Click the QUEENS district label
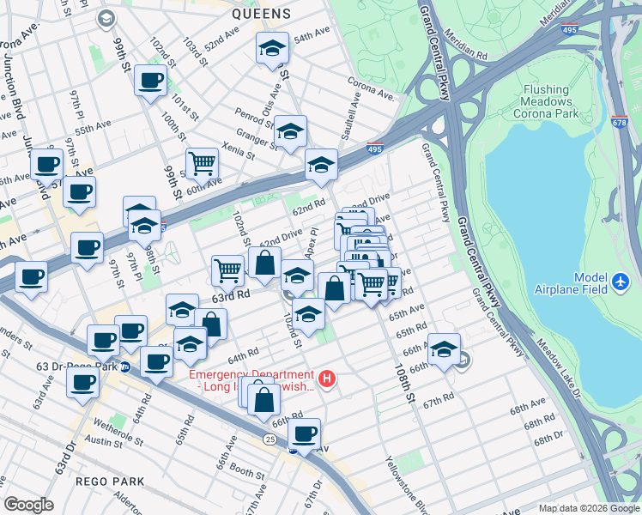coord(262,14)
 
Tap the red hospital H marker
coord(326,378)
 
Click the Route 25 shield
coord(270,439)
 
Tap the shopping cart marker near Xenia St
coord(202,162)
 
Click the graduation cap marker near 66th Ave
coord(444,349)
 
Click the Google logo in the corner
coord(28,504)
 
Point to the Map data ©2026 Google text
coord(588,507)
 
